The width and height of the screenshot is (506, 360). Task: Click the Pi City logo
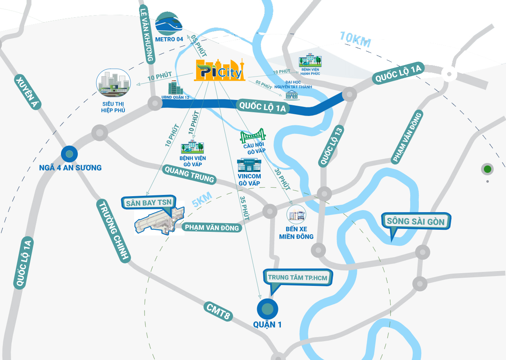click(219, 70)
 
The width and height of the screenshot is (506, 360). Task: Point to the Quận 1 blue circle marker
click(267, 309)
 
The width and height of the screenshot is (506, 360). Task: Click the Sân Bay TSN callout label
click(149, 202)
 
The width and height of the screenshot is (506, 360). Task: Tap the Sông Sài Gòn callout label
click(415, 222)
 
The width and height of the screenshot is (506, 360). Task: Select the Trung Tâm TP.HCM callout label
click(298, 277)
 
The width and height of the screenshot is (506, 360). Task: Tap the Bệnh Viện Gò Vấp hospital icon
click(192, 147)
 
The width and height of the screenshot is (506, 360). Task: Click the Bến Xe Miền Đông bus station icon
click(296, 214)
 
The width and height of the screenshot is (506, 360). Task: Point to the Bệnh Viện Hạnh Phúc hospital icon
click(310, 61)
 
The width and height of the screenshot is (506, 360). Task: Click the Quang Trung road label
click(188, 174)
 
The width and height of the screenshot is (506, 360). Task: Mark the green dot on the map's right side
click(487, 169)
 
